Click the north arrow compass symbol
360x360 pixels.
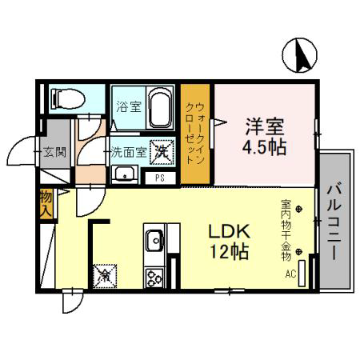(300, 55)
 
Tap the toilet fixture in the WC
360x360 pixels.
(68, 99)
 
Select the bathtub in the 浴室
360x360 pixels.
(161, 108)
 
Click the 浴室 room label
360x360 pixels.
(129, 107)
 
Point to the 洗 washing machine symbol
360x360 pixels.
(162, 152)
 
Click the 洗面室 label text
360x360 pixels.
(129, 152)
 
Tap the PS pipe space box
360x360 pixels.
(160, 178)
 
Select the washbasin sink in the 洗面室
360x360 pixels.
(124, 174)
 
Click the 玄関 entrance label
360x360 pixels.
(54, 153)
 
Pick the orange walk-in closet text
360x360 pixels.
(195, 134)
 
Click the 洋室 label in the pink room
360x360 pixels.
(265, 126)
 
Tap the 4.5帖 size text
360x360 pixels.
(264, 147)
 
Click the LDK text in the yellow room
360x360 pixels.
(229, 231)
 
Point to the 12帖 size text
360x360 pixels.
(230, 252)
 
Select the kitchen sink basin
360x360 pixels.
(154, 240)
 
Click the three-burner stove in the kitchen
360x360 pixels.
(154, 278)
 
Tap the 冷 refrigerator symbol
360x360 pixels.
(105, 276)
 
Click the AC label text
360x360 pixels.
(290, 274)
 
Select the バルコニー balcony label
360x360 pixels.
(334, 222)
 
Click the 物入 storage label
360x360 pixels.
(46, 204)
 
